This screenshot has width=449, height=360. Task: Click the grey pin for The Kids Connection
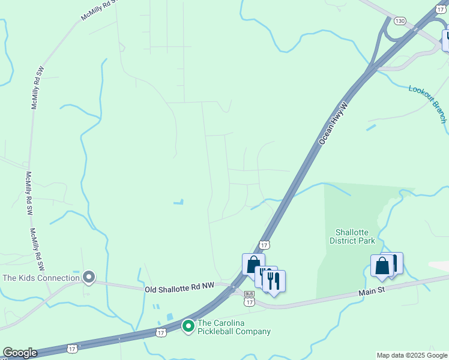click(89, 277)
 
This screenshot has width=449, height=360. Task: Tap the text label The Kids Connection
click(41, 278)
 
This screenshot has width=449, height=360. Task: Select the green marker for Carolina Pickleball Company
click(188, 326)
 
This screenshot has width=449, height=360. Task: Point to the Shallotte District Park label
click(352, 236)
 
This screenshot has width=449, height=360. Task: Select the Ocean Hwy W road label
click(334, 123)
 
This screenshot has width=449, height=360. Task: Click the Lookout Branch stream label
click(427, 104)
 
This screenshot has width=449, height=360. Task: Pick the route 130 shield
click(400, 21)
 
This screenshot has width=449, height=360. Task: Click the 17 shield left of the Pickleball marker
click(160, 332)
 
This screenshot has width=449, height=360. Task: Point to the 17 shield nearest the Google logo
click(72, 348)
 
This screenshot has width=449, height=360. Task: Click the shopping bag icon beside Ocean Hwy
click(253, 264)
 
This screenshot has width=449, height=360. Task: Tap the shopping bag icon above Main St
click(382, 266)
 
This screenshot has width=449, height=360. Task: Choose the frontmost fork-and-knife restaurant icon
click(274, 281)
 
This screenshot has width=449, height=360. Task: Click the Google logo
click(20, 353)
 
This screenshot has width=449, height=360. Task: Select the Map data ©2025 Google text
click(411, 355)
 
